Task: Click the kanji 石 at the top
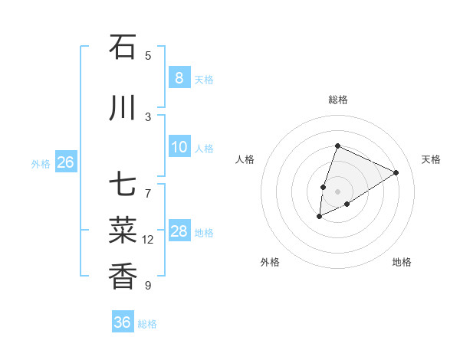click(x=123, y=47)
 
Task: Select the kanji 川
click(x=123, y=109)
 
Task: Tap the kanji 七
click(x=123, y=186)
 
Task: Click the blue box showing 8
click(x=179, y=78)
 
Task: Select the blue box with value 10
click(x=179, y=147)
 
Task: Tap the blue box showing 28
click(x=179, y=231)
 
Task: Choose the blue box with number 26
click(x=66, y=162)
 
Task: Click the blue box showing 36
click(x=123, y=322)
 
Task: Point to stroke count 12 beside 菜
click(x=148, y=240)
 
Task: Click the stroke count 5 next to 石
click(x=148, y=55)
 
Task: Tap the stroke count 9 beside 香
click(x=148, y=286)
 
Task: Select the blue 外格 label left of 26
click(x=41, y=163)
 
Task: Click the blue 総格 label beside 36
click(x=147, y=324)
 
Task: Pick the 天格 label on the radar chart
click(x=431, y=159)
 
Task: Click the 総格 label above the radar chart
click(x=337, y=100)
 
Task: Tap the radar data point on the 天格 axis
click(x=396, y=172)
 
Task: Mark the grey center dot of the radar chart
click(x=337, y=191)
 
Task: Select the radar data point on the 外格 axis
click(x=319, y=217)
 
